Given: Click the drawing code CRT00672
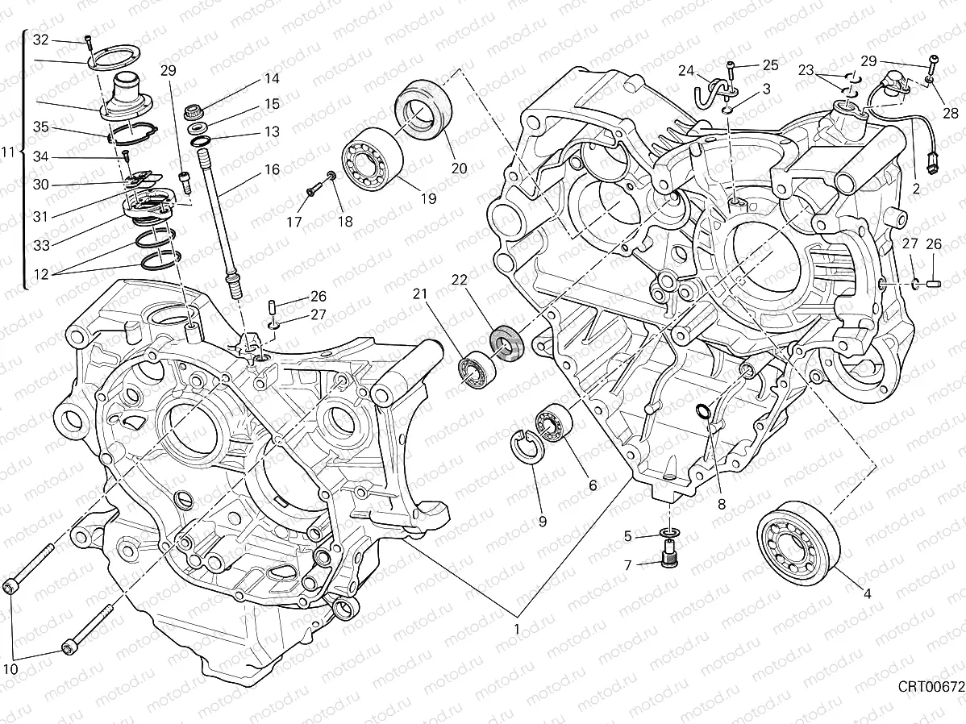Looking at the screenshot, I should coord(931,687).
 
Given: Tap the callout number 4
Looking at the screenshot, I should coord(868,594).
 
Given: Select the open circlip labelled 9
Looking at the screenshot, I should coord(526,447).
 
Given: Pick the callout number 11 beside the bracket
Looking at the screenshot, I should coord(9,151).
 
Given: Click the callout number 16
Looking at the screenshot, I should coord(271,169).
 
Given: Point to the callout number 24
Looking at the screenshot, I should coord(685,70).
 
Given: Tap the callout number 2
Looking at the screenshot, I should coord(916,189).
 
